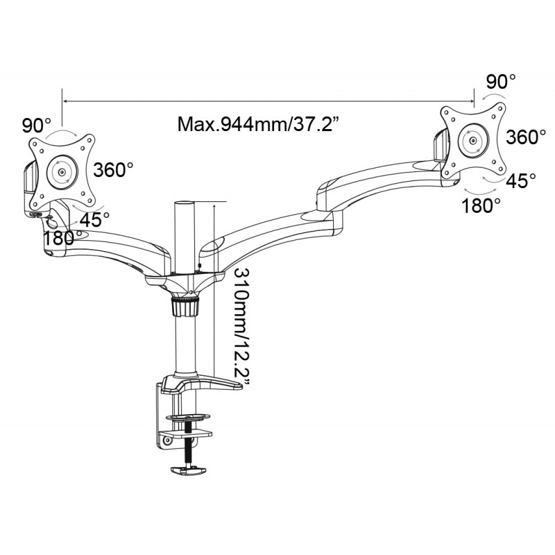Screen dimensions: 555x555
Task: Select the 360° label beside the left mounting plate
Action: pos(113,170)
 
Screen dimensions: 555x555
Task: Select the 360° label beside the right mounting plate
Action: pos(526,137)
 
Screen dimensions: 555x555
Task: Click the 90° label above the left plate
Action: pos(37,125)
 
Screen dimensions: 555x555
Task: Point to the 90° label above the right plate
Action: pos(501,82)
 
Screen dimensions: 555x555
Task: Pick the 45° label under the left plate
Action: pos(94,220)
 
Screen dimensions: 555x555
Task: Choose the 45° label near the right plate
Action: pos(521,180)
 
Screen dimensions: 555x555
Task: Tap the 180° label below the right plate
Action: pos(481,205)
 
